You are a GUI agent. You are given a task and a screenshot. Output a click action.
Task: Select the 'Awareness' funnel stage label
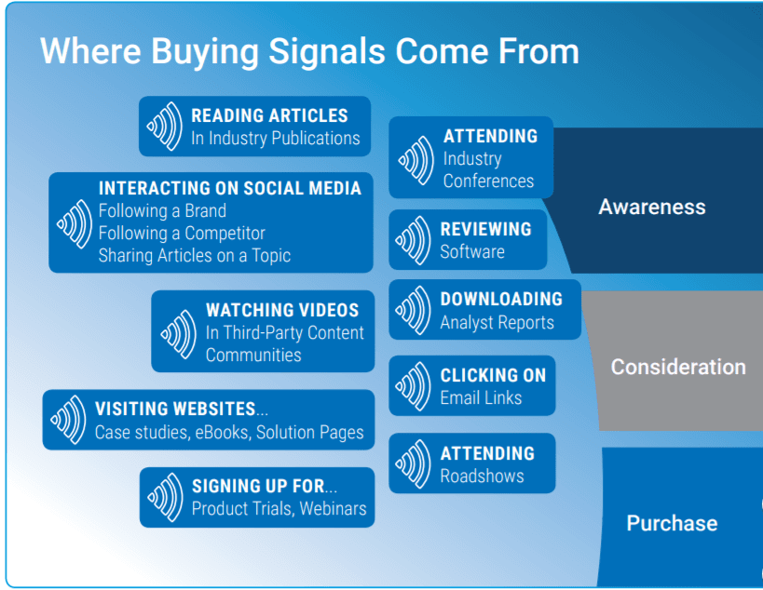pos(651,207)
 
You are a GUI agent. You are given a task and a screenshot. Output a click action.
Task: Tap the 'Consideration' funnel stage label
pos(677,367)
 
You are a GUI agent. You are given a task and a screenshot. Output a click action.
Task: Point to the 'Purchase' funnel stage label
pos(671,523)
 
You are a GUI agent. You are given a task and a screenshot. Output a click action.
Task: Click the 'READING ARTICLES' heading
pos(269,116)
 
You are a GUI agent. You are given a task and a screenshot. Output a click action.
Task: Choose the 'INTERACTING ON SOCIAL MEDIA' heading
pos(229,188)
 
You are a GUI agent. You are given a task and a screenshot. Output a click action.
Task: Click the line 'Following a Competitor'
pos(182,234)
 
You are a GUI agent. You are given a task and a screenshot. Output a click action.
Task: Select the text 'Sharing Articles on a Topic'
pos(194,255)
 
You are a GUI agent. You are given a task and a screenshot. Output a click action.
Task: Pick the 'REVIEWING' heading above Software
pos(485,229)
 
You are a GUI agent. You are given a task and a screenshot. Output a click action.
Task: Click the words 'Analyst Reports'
pos(497,323)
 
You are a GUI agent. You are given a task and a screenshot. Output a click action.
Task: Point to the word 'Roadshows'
pos(482,476)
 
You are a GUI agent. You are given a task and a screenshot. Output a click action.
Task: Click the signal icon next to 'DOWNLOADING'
pos(414,311)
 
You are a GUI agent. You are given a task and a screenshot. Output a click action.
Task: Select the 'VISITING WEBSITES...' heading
pos(175,409)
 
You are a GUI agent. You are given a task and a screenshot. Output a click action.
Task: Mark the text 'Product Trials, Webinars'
pos(279,509)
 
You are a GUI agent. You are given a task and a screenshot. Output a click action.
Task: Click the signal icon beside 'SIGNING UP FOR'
pos(165,497)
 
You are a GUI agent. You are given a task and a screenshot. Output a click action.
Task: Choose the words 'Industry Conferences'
pos(488,170)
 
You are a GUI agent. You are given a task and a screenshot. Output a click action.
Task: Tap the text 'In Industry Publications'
pos(275,139)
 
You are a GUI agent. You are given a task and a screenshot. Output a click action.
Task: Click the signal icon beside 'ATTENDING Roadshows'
pos(414,463)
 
